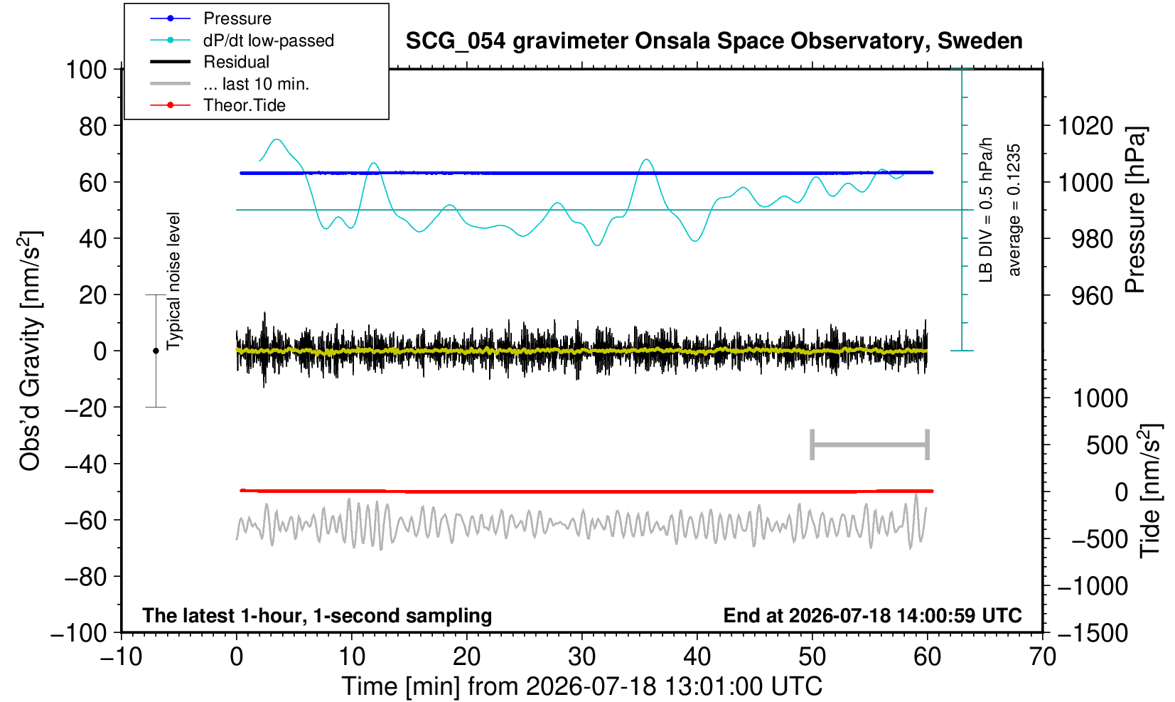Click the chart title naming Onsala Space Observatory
(x=714, y=41)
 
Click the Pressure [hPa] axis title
(x=1135, y=210)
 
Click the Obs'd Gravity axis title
(x=31, y=351)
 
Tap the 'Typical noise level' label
(x=173, y=281)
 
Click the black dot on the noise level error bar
(x=156, y=351)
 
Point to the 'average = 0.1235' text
(x=1014, y=210)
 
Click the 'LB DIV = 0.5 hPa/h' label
(x=986, y=210)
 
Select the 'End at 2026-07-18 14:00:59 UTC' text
(x=872, y=615)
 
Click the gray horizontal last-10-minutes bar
(x=870, y=445)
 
